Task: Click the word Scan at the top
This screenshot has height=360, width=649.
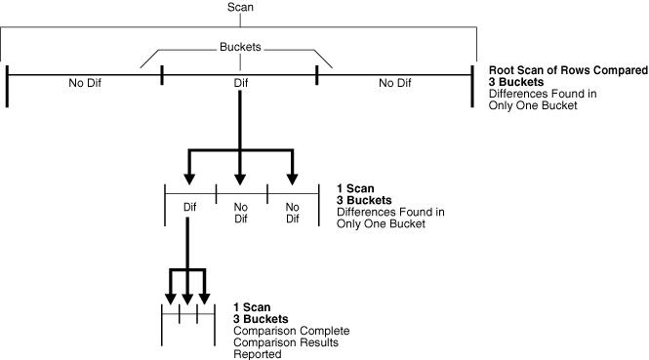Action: [240, 7]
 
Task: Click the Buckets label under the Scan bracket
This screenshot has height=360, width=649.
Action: [240, 45]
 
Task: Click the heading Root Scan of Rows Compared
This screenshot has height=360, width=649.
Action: [569, 71]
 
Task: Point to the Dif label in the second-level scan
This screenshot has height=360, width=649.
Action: [189, 207]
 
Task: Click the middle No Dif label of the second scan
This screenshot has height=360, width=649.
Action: [240, 212]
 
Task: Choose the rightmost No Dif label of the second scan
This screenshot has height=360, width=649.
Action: [292, 212]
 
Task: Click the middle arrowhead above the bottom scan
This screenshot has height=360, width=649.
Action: [187, 296]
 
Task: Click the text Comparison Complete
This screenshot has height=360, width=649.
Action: [290, 331]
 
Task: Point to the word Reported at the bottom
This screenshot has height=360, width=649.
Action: [258, 354]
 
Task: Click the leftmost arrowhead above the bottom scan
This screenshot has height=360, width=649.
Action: [172, 296]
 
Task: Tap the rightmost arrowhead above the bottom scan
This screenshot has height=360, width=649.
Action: [204, 296]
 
